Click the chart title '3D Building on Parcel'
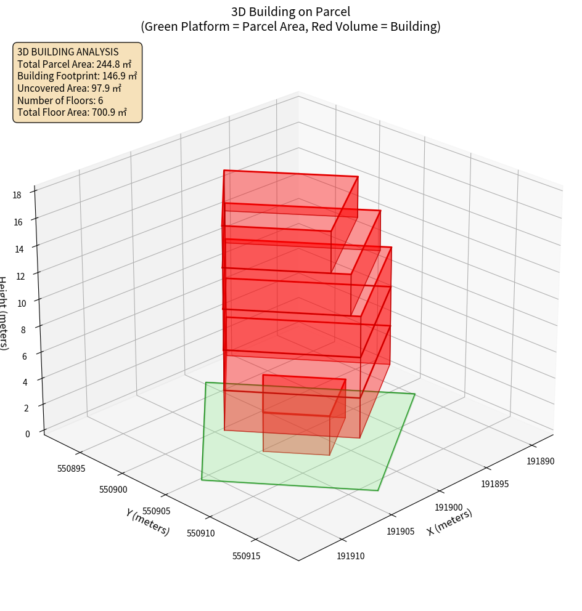click(290, 11)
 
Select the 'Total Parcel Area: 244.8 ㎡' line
click(74, 64)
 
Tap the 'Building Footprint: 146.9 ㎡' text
click(77, 76)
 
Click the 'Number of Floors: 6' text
click(60, 100)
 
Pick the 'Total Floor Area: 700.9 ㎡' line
click(72, 112)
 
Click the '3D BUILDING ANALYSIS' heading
click(68, 52)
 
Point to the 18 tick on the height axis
click(17, 195)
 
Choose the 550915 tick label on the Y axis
click(247, 556)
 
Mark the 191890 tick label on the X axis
click(540, 461)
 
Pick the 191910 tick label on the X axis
click(351, 556)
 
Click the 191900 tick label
click(448, 508)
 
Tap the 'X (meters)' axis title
click(449, 522)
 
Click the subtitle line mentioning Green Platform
click(290, 26)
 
